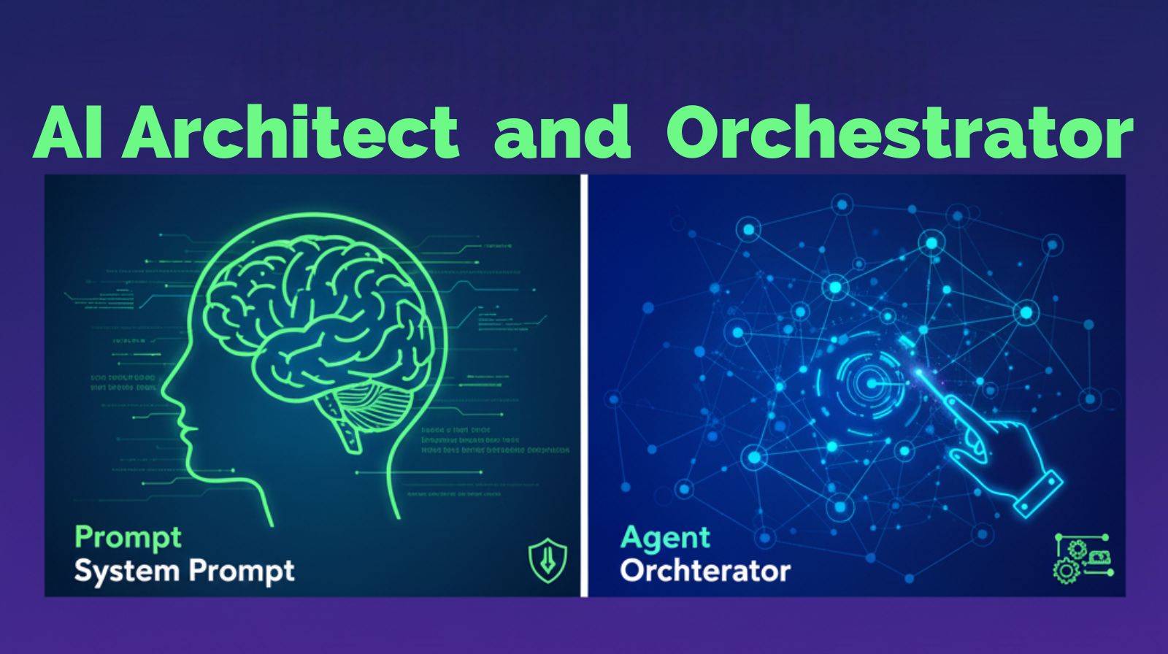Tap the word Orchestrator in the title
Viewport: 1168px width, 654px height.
(x=899, y=132)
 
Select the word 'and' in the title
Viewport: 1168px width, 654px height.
(x=562, y=132)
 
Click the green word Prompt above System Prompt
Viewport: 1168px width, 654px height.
(x=128, y=539)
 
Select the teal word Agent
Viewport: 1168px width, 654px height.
(x=665, y=539)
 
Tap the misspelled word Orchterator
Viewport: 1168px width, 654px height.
(x=705, y=571)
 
